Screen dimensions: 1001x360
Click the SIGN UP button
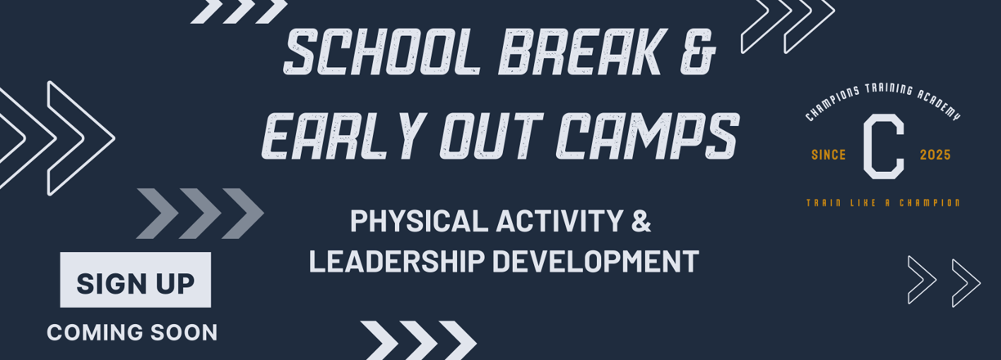pos(136,280)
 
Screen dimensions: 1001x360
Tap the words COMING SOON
pos(132,333)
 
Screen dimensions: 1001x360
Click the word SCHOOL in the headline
pos(382,52)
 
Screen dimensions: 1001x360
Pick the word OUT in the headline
pos(492,136)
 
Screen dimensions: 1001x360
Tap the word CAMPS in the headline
pos(648,136)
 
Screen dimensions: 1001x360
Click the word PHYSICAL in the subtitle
pos(420,220)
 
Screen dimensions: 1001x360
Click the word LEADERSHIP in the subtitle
pos(397,261)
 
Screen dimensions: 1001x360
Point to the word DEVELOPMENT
pos(595,261)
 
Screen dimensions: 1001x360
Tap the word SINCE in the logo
pos(828,155)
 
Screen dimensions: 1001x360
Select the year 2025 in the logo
pos(936,155)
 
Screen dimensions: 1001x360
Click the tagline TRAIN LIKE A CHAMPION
pos(883,203)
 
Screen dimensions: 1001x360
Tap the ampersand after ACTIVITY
pos(641,220)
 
